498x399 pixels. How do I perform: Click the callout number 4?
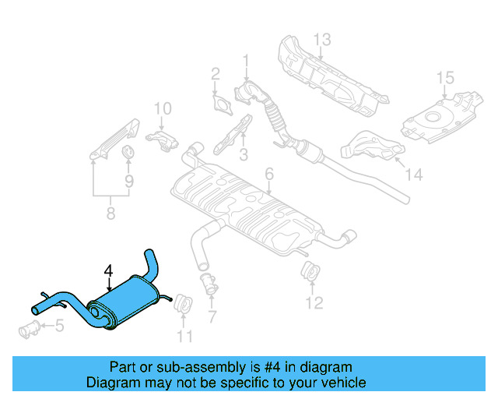109,270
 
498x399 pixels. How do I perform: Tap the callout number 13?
322,39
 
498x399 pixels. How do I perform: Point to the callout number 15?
444,77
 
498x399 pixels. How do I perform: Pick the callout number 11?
184,337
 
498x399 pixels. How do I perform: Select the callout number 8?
110,212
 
